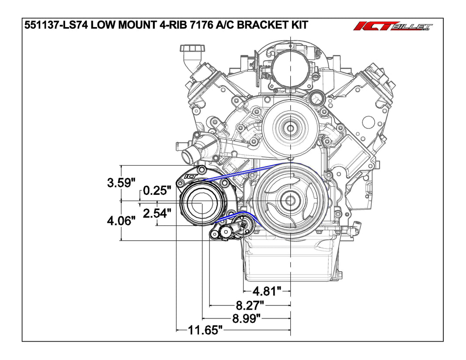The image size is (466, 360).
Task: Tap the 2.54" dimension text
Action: click(156, 214)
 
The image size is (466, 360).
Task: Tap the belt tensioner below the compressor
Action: click(227, 231)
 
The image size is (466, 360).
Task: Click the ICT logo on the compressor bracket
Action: click(191, 177)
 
